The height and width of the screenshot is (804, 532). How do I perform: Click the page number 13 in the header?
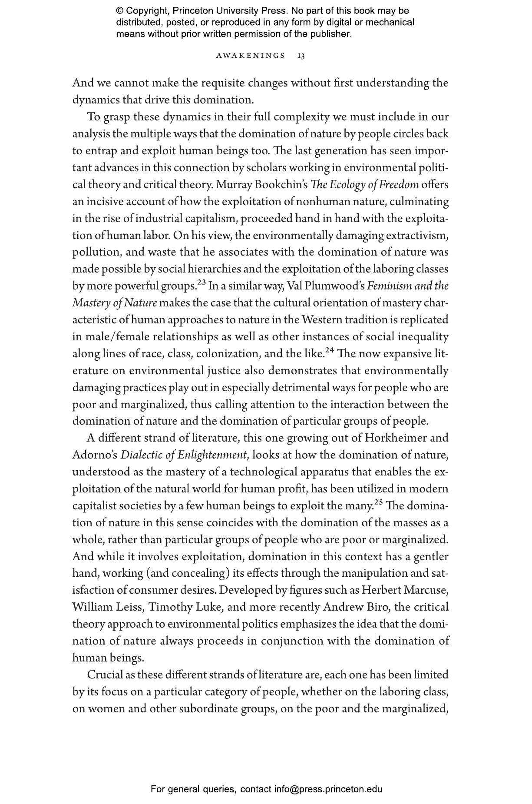pyautogui.click(x=301, y=56)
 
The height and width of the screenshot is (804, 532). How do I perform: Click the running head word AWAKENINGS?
pyautogui.click(x=251, y=56)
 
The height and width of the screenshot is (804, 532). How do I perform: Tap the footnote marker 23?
pyautogui.click(x=202, y=282)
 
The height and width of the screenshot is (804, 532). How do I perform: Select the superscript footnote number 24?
pyautogui.click(x=330, y=350)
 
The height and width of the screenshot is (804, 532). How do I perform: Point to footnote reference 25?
pyautogui.click(x=379, y=503)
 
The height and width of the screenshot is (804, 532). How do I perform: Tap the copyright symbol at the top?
pyautogui.click(x=119, y=11)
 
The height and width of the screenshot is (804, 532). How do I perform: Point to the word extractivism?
pyautogui.click(x=416, y=236)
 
